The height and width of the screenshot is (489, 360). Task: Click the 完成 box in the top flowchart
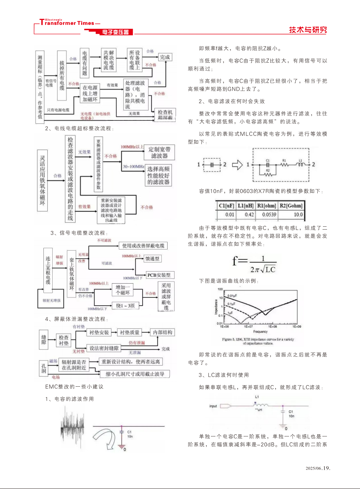(x=165, y=57)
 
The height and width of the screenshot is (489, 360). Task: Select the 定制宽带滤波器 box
(x=159, y=152)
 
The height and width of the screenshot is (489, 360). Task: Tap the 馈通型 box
(x=153, y=259)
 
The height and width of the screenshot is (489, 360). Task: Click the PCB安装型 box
(x=159, y=275)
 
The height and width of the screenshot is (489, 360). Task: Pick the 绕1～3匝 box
(x=125, y=306)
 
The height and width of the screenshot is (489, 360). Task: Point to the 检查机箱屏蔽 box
(x=165, y=115)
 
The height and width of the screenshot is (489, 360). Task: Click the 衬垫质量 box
(x=129, y=333)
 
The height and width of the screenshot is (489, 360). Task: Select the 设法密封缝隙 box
(x=104, y=348)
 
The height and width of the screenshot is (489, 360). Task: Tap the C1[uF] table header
(x=227, y=206)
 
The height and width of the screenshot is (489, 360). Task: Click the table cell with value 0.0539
(x=269, y=215)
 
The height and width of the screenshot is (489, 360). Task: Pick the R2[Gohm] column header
(x=291, y=206)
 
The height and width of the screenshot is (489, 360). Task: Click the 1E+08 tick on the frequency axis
(x=272, y=326)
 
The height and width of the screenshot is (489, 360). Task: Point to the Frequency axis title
(x=260, y=332)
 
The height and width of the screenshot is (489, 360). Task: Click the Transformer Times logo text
(x=68, y=23)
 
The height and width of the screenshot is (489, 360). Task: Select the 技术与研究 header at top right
(x=308, y=30)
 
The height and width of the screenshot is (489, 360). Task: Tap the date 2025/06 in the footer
(x=313, y=468)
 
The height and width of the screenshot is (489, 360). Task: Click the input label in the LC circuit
(x=213, y=406)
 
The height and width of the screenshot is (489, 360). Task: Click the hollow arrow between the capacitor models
(x=237, y=165)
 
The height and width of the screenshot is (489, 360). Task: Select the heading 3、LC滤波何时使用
(x=224, y=375)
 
